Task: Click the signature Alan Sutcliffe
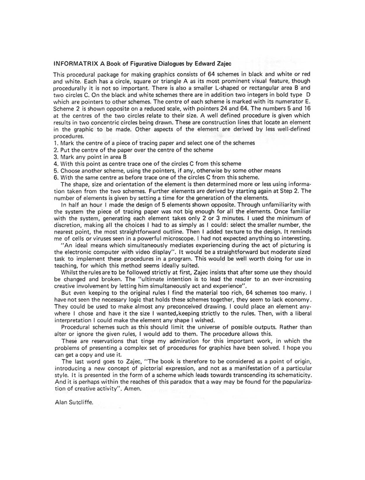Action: pyautogui.click(x=74, y=402)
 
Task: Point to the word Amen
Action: pyautogui.click(x=133, y=389)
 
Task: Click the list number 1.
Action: pyautogui.click(x=55, y=143)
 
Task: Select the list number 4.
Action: pyautogui.click(x=55, y=164)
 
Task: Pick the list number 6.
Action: pyautogui.click(x=56, y=177)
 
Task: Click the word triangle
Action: pyautogui.click(x=162, y=81)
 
